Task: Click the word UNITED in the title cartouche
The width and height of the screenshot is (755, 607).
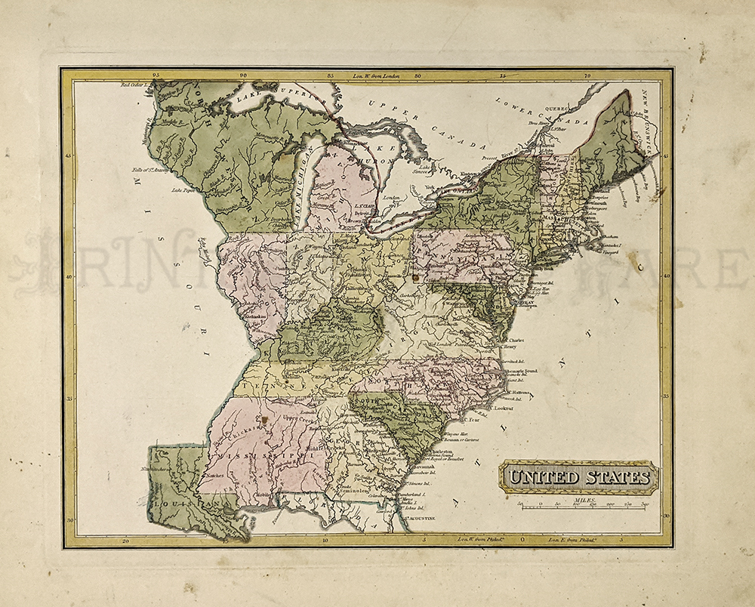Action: pyautogui.click(x=542, y=477)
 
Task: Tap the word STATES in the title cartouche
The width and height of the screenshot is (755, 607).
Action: pyautogui.click(x=615, y=477)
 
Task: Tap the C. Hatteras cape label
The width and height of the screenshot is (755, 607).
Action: pyautogui.click(x=517, y=392)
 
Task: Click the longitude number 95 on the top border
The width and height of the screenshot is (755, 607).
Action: pyautogui.click(x=156, y=75)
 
